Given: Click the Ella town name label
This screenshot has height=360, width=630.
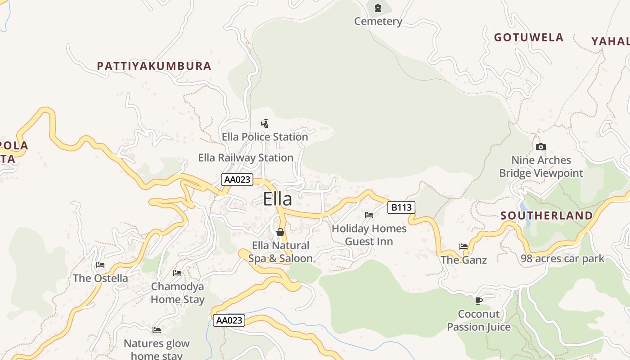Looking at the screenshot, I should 277,199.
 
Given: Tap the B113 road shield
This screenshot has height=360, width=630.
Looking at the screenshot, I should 401,207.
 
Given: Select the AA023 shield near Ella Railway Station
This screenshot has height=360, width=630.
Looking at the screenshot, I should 237,180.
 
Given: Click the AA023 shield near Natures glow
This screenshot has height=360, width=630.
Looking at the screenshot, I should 229,320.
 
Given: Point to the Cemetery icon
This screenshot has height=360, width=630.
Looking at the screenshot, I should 378,8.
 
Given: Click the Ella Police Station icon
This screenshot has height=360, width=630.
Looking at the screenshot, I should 265,123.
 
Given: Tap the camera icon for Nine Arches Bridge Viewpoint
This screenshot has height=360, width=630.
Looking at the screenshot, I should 541,147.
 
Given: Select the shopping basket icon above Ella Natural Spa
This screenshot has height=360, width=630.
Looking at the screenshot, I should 280,232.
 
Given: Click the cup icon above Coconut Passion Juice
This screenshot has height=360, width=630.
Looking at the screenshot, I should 478,301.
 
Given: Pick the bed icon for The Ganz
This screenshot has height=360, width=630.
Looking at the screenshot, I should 463,246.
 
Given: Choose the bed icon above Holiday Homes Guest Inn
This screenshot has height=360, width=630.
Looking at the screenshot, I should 369,215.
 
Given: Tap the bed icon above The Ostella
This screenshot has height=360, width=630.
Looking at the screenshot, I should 100,265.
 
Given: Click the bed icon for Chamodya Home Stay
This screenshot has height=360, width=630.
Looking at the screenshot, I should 177,273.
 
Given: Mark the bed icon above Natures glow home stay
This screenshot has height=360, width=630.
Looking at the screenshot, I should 157,330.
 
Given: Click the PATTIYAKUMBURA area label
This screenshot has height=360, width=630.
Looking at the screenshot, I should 154,66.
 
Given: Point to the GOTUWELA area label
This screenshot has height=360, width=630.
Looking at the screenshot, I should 529,37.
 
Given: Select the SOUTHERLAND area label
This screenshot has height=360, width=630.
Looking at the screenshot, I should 547,216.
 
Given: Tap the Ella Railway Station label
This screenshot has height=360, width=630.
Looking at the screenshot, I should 246,158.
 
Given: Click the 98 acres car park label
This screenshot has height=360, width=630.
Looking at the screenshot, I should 562,259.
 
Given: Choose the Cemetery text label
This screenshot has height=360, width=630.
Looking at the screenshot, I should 378,21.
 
